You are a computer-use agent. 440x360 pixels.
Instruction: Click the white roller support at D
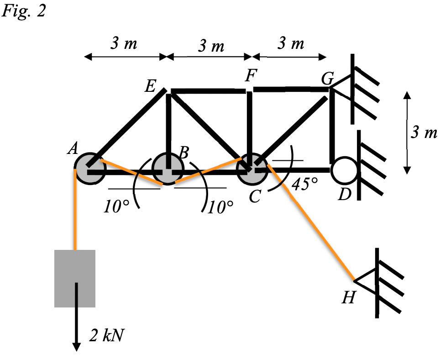(x=344, y=170)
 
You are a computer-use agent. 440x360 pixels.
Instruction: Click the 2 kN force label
(x=106, y=336)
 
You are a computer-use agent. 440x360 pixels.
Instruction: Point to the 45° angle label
(x=304, y=184)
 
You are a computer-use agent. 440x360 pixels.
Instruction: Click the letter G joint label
(x=327, y=79)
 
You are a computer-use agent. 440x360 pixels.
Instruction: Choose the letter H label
(x=348, y=299)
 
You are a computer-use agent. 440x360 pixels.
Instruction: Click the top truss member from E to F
(x=208, y=91)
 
